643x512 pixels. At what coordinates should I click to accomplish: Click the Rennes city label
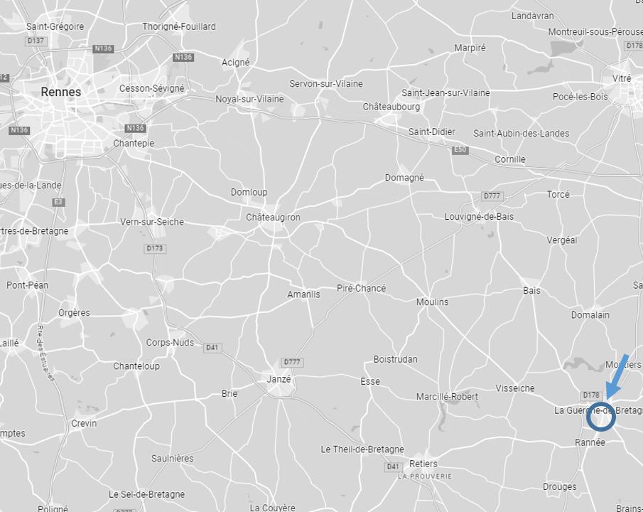tap(61, 92)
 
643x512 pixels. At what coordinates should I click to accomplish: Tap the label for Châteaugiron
tap(273, 217)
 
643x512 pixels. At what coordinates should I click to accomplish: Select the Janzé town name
tap(279, 379)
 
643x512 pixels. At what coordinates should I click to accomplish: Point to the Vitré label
tap(621, 78)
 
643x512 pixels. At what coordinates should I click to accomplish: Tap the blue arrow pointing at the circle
tap(617, 374)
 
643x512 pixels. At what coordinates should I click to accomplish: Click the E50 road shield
tap(460, 150)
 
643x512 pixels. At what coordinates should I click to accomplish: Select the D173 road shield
tap(155, 248)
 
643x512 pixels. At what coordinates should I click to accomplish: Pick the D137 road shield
tap(36, 41)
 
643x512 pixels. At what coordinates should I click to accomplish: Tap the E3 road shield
tap(58, 203)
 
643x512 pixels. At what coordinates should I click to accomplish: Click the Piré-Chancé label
tap(361, 288)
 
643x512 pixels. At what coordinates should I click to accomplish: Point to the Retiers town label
tap(423, 464)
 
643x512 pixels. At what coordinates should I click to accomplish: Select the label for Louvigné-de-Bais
tap(479, 216)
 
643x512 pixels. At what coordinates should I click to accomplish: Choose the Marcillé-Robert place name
tap(447, 396)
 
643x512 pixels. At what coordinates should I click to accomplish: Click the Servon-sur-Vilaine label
tap(325, 83)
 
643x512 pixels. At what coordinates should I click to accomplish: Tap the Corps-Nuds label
tap(170, 342)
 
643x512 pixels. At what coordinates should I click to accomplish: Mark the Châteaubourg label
tap(391, 107)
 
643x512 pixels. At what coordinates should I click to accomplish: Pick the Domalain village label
tap(590, 314)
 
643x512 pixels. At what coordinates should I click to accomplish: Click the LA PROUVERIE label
tap(424, 476)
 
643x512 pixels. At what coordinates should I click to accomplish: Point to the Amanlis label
tap(303, 294)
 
